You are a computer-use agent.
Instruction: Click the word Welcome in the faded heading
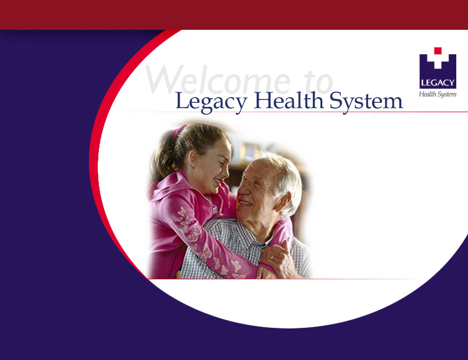click(x=218, y=79)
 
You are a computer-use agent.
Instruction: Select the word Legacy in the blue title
click(x=211, y=102)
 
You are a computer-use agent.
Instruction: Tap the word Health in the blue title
click(x=289, y=100)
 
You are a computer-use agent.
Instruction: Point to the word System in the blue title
click(x=366, y=102)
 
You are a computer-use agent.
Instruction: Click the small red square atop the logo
click(x=438, y=51)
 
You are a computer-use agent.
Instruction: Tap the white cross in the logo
click(x=438, y=61)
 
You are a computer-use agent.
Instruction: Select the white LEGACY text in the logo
click(x=438, y=82)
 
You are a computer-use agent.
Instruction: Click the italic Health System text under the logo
click(x=438, y=94)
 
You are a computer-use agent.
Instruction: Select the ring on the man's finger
click(x=272, y=257)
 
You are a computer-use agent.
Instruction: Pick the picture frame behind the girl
click(x=249, y=151)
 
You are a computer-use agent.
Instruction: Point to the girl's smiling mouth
click(x=218, y=181)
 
